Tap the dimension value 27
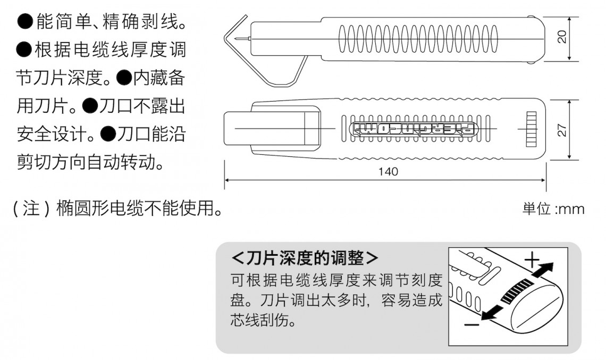pyautogui.click(x=562, y=129)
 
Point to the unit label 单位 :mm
pyautogui.click(x=553, y=208)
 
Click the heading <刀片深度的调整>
pyautogui.click(x=305, y=259)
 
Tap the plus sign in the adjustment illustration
pyautogui.click(x=532, y=261)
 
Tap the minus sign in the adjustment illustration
pyautogui.click(x=472, y=324)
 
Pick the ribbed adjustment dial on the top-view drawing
pyautogui.click(x=531, y=129)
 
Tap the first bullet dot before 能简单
pyautogui.click(x=25, y=22)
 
